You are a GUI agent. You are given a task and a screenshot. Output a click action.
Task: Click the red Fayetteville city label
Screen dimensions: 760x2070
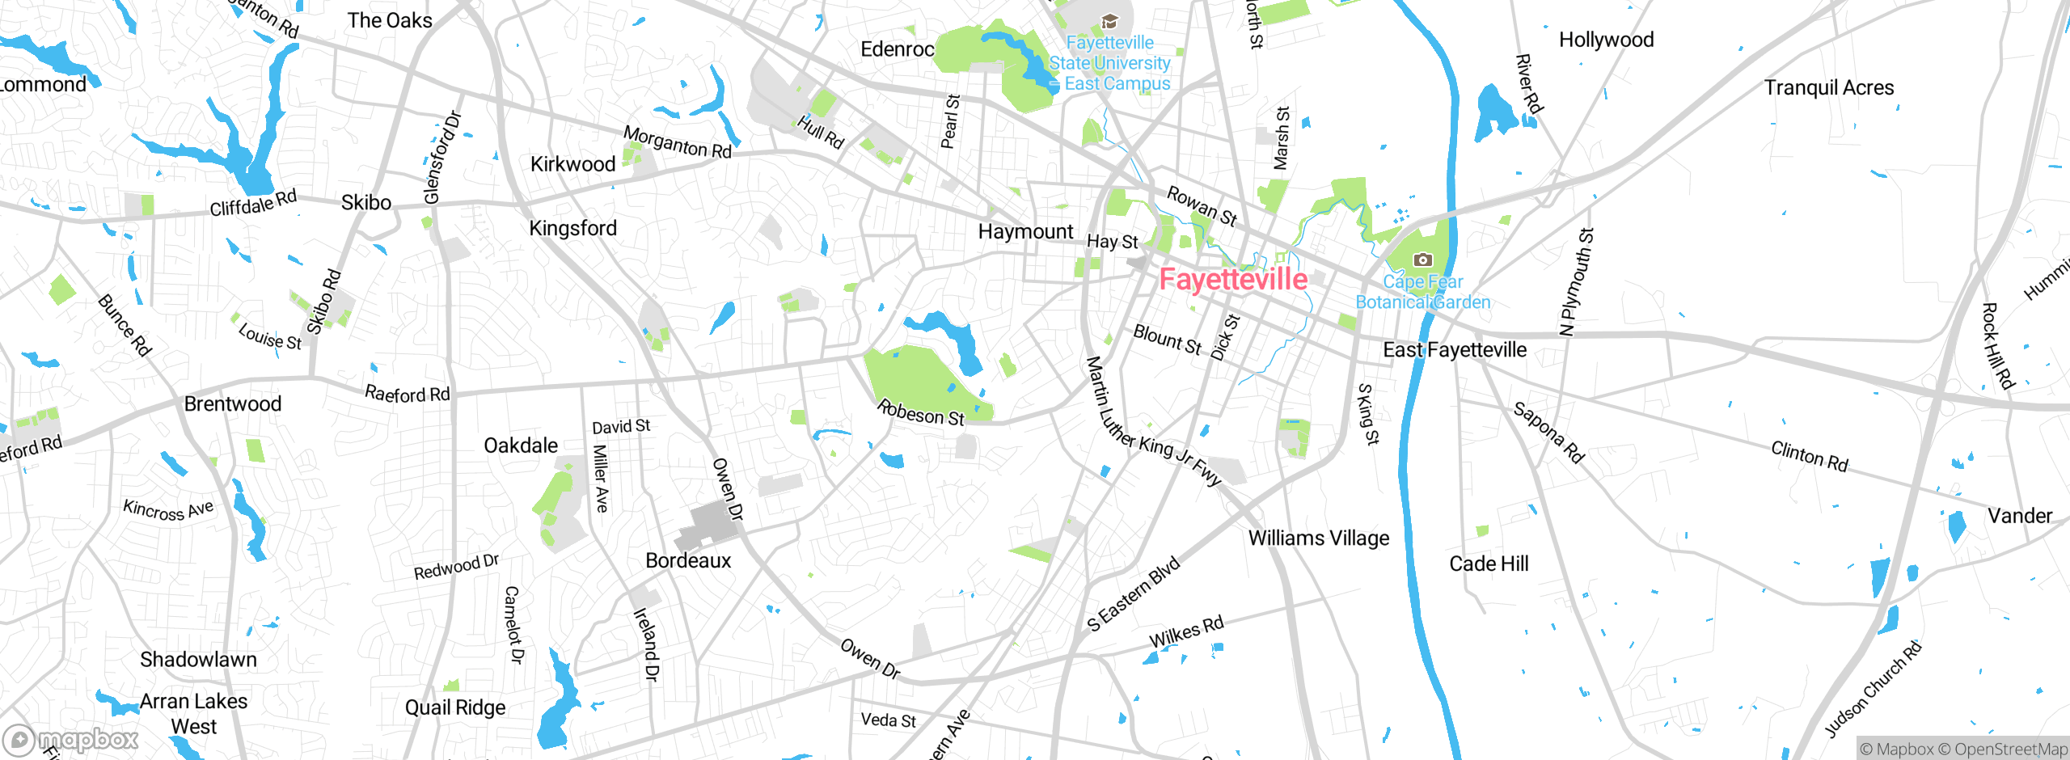[x=1232, y=280]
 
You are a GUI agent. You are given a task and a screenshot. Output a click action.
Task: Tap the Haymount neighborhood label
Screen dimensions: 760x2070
[x=1025, y=232]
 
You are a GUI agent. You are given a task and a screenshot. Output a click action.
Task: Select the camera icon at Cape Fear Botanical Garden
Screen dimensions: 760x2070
[x=1422, y=260]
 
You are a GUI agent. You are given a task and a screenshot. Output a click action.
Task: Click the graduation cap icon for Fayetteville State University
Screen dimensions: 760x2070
[x=1109, y=22]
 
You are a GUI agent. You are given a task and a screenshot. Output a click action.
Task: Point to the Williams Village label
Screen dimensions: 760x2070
[x=1318, y=538]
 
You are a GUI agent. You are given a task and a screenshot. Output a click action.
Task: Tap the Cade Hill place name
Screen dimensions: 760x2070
[x=1489, y=564]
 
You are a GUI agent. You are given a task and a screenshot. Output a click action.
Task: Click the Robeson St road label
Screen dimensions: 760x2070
[x=920, y=413]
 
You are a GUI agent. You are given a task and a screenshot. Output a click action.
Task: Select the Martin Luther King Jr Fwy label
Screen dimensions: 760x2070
[x=1151, y=423]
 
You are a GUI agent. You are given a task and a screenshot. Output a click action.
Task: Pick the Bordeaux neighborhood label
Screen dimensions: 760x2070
[x=688, y=561]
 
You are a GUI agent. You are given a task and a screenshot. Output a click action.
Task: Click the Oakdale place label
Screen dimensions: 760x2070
[x=521, y=446]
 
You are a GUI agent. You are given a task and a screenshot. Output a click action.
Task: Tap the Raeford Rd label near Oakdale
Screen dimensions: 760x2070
[x=407, y=395]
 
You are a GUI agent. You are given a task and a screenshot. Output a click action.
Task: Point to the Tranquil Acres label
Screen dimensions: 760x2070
[x=1829, y=88]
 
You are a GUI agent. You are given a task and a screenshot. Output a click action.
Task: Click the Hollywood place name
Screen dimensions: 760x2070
[x=1606, y=40]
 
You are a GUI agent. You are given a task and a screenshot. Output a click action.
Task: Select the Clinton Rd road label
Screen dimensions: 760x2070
[x=1810, y=456]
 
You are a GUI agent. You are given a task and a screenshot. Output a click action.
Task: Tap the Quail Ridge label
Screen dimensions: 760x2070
[x=455, y=708]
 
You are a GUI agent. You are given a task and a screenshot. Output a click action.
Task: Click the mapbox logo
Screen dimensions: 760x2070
[x=71, y=740]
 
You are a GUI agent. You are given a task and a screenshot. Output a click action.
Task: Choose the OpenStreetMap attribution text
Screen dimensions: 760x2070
[x=2010, y=749]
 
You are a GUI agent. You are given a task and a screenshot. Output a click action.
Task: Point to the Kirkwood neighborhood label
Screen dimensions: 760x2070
[x=572, y=165]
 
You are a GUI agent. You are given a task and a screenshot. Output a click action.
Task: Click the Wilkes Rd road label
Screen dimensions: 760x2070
[x=1186, y=632]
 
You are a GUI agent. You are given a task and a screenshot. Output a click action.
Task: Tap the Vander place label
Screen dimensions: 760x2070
[x=2019, y=516]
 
